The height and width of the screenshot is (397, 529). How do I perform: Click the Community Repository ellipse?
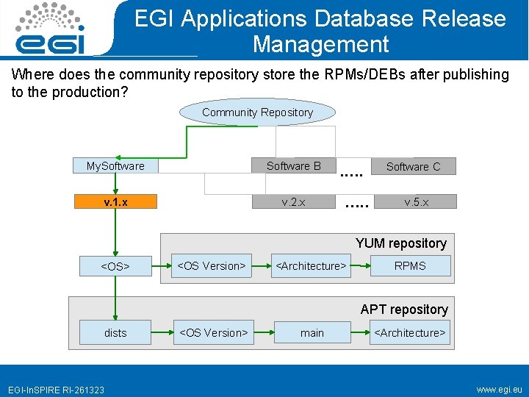point(257,112)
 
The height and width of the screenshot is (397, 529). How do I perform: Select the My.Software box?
point(115,166)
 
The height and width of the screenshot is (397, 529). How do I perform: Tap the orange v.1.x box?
point(115,201)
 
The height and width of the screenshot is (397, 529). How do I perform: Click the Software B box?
point(293,166)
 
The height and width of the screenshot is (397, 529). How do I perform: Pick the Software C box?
point(413,167)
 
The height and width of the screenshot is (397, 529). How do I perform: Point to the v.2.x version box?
point(293,201)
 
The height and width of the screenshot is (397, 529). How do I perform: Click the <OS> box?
point(115,266)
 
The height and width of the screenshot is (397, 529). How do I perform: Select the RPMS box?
point(410,265)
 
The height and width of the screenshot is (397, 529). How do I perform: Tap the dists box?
point(115,333)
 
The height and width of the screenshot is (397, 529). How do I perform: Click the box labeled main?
point(312,333)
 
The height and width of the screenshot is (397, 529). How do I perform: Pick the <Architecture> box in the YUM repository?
point(311,265)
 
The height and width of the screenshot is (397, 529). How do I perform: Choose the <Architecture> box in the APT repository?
point(410,333)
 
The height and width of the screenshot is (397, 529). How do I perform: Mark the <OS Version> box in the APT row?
point(213,333)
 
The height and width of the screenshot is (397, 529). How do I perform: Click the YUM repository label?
point(401,243)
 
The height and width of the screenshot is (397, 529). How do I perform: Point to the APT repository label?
point(404,310)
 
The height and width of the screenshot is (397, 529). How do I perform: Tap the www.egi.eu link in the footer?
point(499,388)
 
